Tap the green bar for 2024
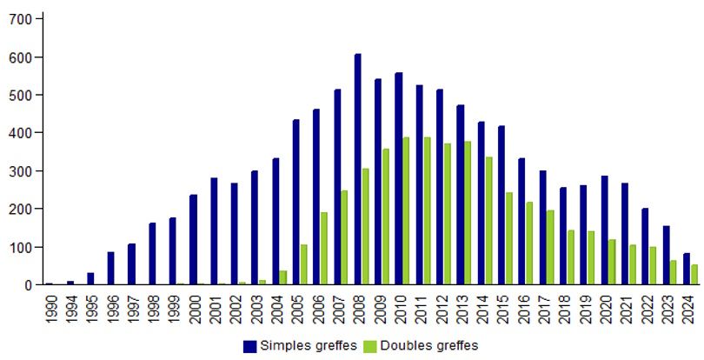pyautogui.click(x=694, y=275)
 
